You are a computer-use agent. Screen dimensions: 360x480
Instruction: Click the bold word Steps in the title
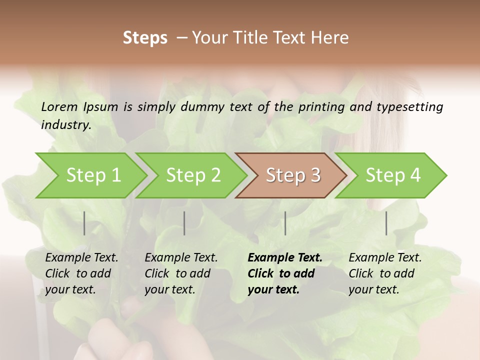(145, 38)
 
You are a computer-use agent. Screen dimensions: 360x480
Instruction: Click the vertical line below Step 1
(84, 223)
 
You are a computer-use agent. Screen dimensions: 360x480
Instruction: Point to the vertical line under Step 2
(184, 223)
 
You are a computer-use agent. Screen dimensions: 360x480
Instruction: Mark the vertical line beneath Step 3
(285, 223)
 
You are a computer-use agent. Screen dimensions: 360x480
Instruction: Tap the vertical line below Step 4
(386, 223)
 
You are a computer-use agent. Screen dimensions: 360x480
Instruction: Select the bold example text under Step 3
(284, 273)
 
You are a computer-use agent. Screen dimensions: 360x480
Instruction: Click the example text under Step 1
(81, 273)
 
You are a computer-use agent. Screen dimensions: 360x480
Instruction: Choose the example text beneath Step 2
(181, 273)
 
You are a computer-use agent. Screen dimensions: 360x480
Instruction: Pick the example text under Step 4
(385, 273)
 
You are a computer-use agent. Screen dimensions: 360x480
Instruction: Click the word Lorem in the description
(59, 107)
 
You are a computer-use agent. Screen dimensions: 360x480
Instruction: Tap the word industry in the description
(65, 125)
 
